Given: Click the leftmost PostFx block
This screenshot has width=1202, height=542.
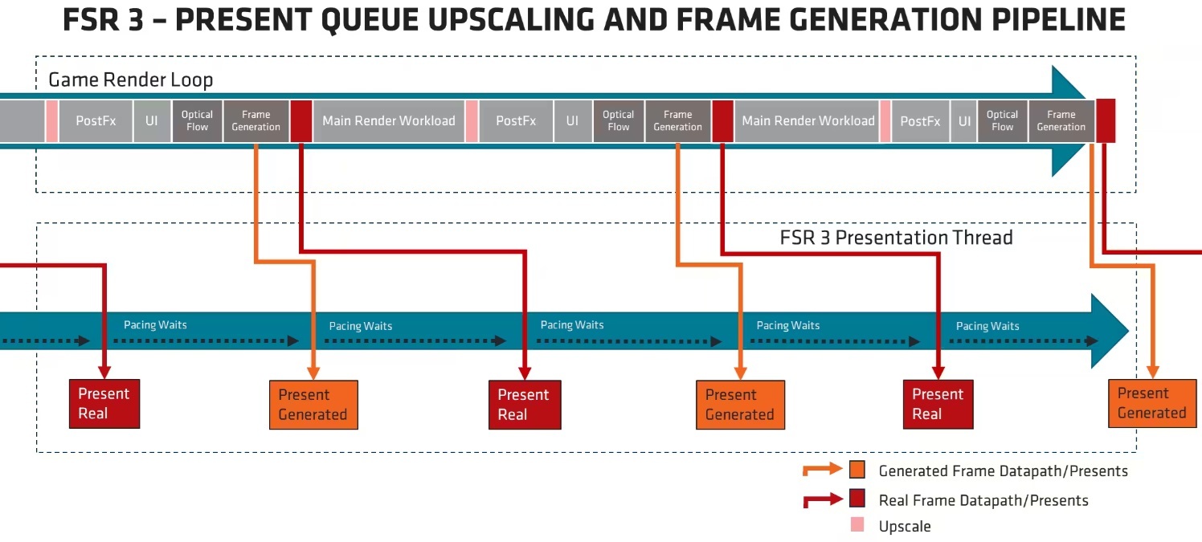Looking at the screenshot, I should pyautogui.click(x=96, y=121).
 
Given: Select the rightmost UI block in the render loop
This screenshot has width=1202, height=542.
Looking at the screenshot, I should pyautogui.click(x=963, y=121).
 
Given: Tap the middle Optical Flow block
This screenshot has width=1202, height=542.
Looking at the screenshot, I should pyautogui.click(x=618, y=121).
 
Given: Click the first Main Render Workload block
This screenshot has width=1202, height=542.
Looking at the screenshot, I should pyautogui.click(x=389, y=121).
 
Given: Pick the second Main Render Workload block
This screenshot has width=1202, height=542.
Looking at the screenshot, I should pyautogui.click(x=807, y=121).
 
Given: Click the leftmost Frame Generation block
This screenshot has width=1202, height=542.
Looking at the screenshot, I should pyautogui.click(x=256, y=121).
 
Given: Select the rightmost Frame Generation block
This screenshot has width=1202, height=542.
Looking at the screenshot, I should pyautogui.click(x=1061, y=121).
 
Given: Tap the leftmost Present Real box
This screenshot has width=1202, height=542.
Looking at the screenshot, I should pyautogui.click(x=104, y=404).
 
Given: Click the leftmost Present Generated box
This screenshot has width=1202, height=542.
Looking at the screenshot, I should pyautogui.click(x=313, y=405).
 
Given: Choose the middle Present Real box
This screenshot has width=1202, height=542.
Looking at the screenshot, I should pyautogui.click(x=524, y=405).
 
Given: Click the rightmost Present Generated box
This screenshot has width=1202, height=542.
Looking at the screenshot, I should pyautogui.click(x=1151, y=403).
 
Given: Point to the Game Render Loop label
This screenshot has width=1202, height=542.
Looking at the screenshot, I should pyautogui.click(x=130, y=79).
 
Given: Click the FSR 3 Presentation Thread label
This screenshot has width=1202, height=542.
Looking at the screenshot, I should pyautogui.click(x=896, y=238).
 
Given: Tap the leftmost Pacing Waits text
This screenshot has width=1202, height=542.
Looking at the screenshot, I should pyautogui.click(x=155, y=325).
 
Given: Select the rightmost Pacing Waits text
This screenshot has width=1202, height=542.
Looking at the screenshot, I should pyautogui.click(x=987, y=326).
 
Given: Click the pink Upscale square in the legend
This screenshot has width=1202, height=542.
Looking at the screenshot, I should pyautogui.click(x=857, y=525).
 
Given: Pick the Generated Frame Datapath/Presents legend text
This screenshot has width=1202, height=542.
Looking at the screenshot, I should pyautogui.click(x=1003, y=471).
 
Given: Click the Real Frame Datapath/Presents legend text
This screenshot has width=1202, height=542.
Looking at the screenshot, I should pyautogui.click(x=983, y=500).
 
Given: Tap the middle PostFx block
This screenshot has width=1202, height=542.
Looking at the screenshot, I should pyautogui.click(x=516, y=121).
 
